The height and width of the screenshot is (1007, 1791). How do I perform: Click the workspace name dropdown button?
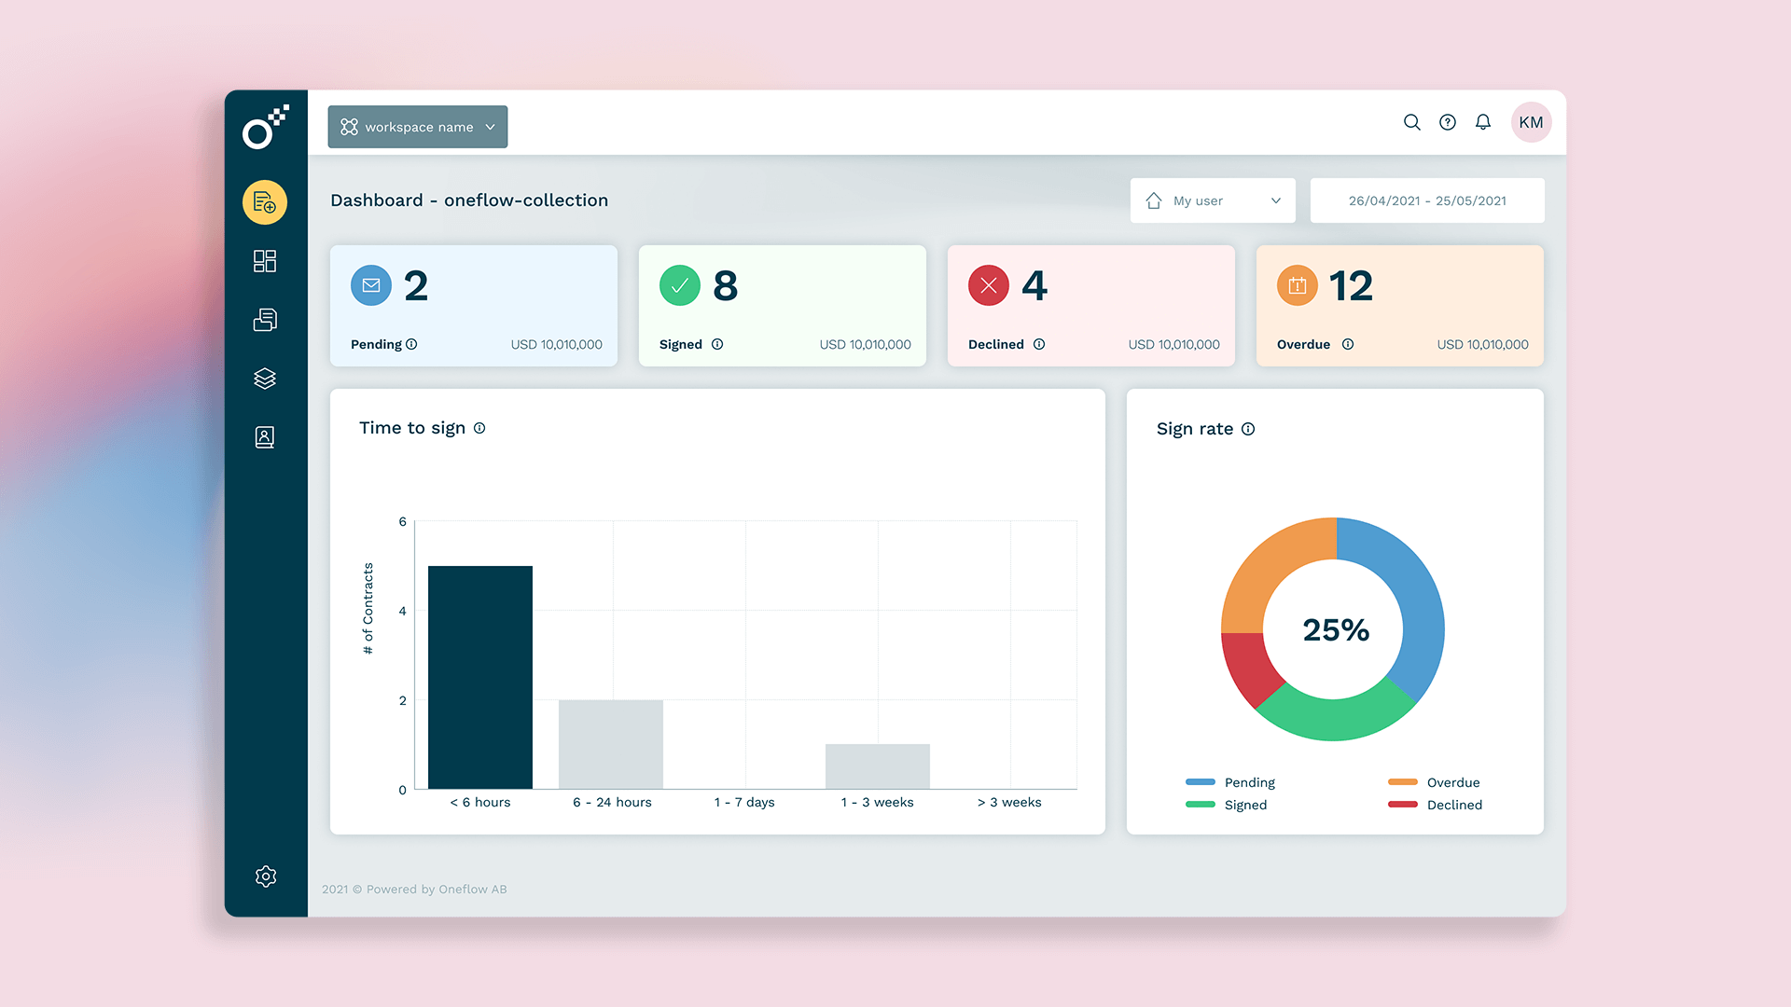417,127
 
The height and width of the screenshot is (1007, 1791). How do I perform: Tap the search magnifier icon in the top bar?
1411,122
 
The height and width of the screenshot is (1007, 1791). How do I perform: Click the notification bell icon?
1482,122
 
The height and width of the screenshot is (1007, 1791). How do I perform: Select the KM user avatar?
1530,122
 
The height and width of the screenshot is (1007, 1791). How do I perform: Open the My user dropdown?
1212,200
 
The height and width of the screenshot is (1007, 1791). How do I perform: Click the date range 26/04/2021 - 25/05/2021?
1426,200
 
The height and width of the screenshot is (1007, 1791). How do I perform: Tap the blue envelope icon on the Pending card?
371,285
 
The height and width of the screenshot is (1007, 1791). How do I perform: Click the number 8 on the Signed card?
725,285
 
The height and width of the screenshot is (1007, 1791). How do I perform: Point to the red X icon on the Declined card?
988,285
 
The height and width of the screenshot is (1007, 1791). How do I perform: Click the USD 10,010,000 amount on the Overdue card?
1481,344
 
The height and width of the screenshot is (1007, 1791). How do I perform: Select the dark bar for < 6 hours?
479,677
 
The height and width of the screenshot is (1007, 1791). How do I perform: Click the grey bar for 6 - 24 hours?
610,744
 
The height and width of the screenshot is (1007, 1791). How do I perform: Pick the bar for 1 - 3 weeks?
877,766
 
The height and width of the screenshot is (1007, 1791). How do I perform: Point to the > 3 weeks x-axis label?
1009,802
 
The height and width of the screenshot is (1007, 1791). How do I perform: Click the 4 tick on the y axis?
403,611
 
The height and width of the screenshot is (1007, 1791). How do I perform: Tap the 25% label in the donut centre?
1335,630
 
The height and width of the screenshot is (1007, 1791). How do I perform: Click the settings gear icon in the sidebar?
265,876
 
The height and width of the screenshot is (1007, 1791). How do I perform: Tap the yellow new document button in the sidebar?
265,202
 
